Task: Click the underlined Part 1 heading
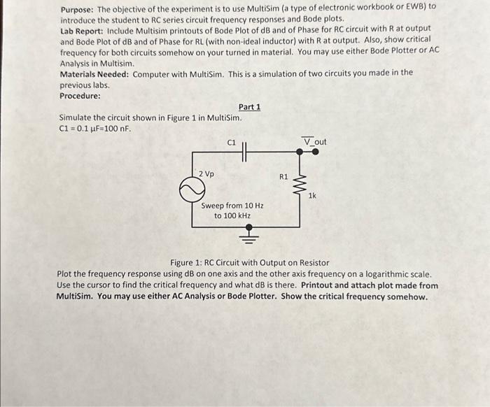click(248, 107)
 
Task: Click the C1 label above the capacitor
click(232, 143)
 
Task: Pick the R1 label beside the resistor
click(283, 178)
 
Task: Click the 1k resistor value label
click(311, 197)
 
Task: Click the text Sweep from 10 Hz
click(232, 206)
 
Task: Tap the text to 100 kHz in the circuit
click(232, 216)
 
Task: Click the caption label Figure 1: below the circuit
click(185, 263)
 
